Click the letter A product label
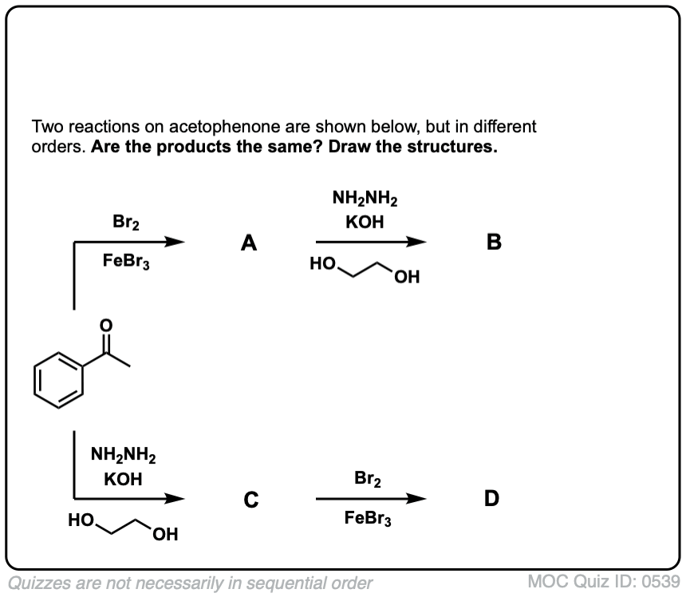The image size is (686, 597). coord(249,243)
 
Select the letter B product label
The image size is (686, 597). coord(493,243)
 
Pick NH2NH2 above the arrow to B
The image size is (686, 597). coord(365,198)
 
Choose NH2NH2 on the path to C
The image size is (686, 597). coord(124,457)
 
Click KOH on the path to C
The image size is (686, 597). coord(124,480)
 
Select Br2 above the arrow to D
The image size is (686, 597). coord(367,480)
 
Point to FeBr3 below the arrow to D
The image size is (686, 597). coord(367,518)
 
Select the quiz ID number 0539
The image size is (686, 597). coord(656,581)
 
